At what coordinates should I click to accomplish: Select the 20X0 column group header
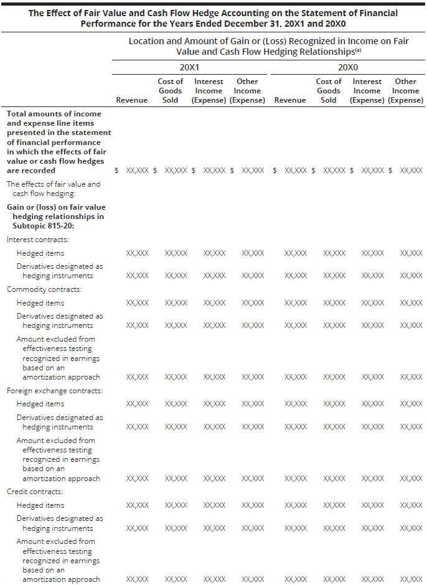click(347, 67)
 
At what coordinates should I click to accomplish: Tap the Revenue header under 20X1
click(132, 100)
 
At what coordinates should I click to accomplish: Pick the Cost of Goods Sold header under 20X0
click(328, 91)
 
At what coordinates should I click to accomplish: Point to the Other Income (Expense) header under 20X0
click(405, 91)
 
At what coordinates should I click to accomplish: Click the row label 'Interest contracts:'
click(38, 239)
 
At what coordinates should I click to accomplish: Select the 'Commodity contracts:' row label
click(44, 289)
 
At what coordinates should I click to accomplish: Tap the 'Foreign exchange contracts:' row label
click(55, 391)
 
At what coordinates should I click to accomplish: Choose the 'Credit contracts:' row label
click(35, 492)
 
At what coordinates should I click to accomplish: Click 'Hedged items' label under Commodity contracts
click(40, 303)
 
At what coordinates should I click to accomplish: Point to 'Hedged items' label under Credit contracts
click(40, 505)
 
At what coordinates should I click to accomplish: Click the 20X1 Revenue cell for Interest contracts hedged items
click(137, 253)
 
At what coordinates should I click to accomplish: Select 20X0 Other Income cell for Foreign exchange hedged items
click(411, 405)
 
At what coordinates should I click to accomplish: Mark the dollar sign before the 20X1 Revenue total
click(116, 171)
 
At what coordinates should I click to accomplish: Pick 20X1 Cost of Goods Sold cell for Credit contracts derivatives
click(176, 528)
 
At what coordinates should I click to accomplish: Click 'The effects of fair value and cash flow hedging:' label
click(54, 189)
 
